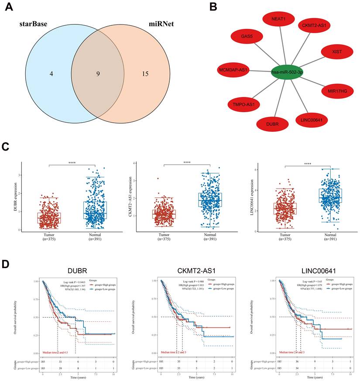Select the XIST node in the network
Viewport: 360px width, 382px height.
pos(336,52)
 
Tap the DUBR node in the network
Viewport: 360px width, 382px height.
pos(272,124)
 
